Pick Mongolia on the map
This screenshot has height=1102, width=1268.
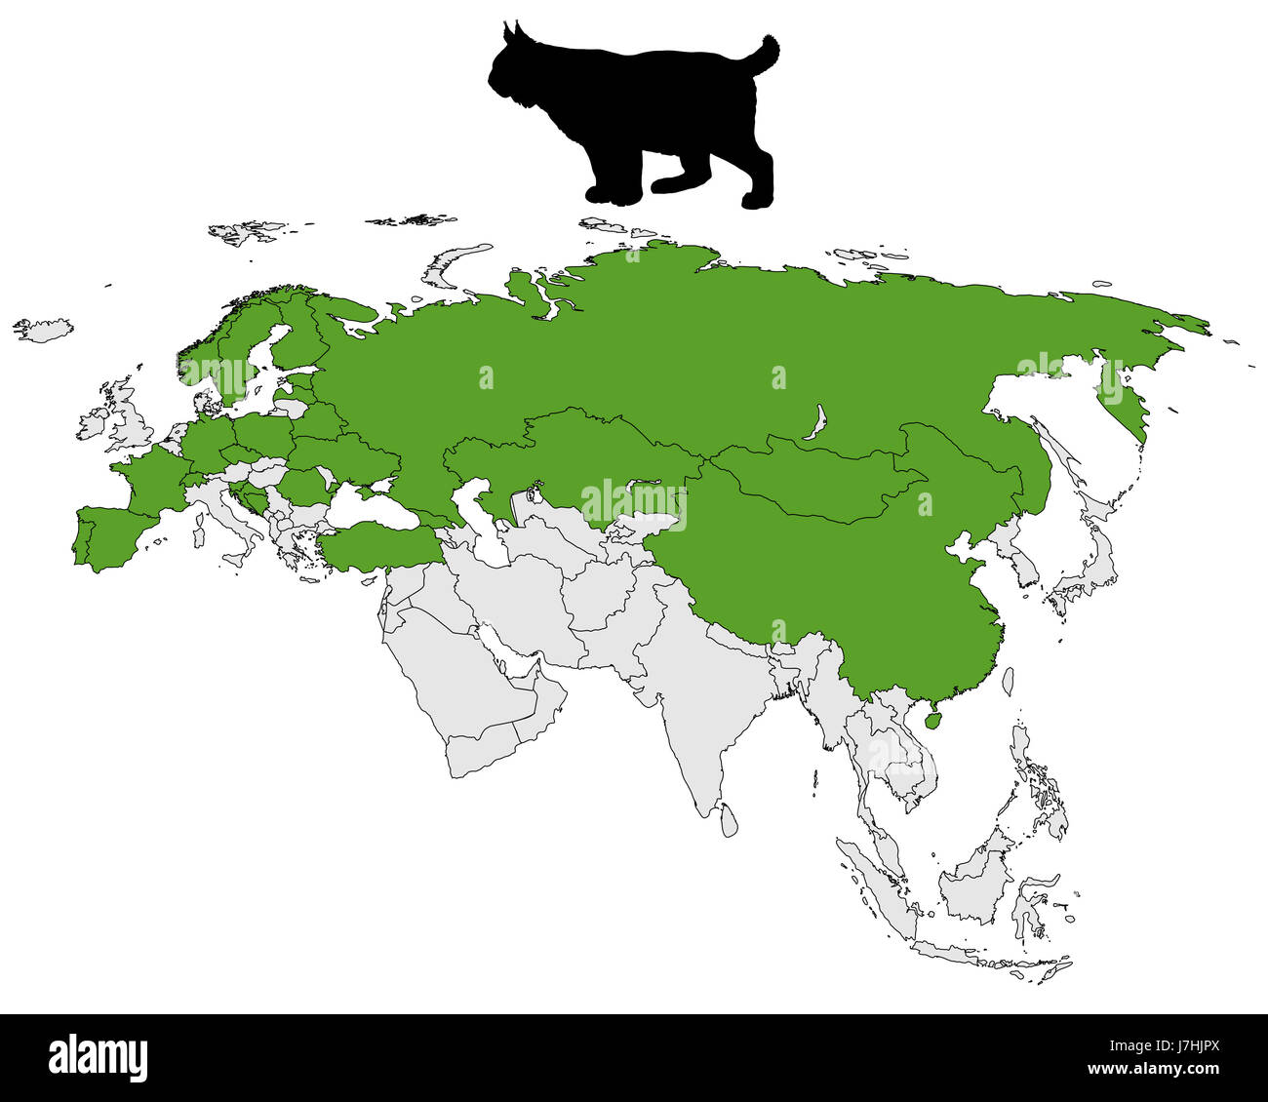click(819, 478)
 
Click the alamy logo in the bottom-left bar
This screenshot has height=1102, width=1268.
click(99, 1057)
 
